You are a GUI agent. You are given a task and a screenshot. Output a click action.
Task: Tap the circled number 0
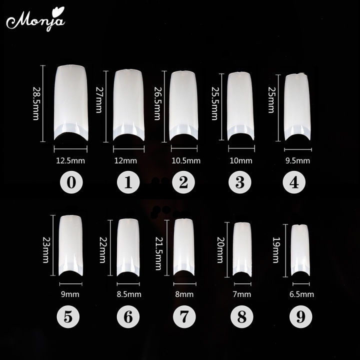(71, 183)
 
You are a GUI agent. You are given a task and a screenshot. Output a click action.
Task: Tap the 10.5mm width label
(185, 160)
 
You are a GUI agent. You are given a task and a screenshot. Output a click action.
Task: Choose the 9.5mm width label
(297, 160)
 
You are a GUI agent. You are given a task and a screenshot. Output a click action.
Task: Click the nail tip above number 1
(127, 104)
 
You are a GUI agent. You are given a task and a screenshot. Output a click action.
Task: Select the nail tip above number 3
(240, 105)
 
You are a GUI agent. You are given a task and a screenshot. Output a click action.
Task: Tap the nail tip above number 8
(241, 247)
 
